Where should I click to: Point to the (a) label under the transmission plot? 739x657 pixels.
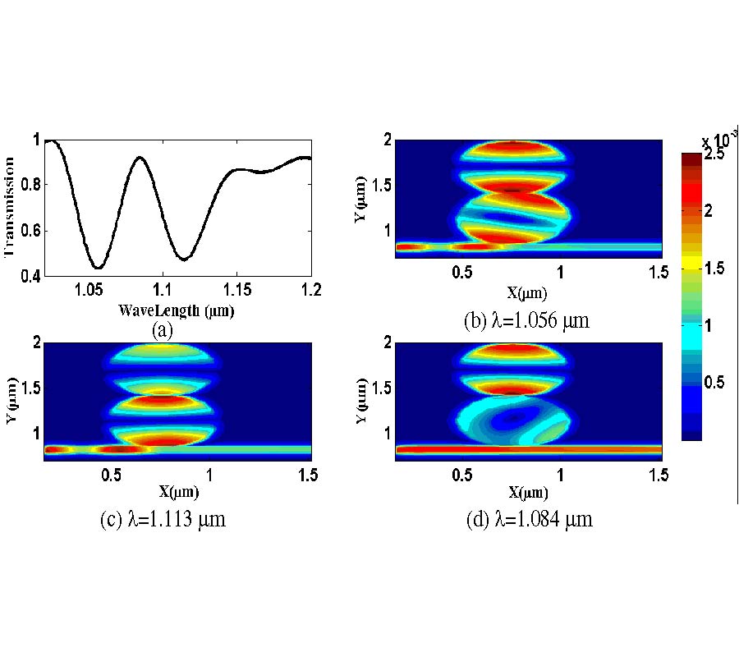162,330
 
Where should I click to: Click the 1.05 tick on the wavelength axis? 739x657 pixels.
87,290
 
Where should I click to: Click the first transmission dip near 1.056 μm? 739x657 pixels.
98,268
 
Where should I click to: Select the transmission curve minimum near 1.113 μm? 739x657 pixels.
183,260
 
